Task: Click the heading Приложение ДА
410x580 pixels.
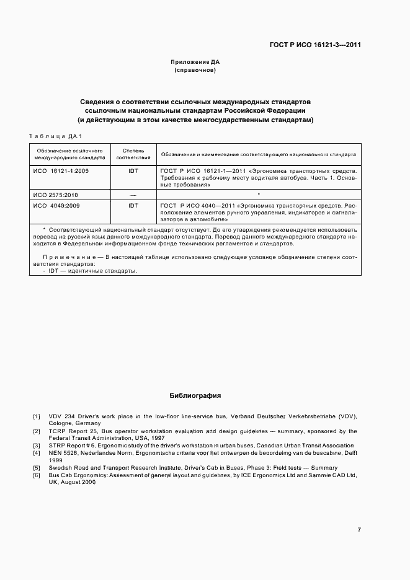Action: click(195, 62)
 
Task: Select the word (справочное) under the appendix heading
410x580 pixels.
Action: click(195, 70)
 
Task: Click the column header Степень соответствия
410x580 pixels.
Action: click(133, 154)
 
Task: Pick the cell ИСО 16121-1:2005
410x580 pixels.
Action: click(61, 170)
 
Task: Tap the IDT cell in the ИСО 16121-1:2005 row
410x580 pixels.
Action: click(133, 170)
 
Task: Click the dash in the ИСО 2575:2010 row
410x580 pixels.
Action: click(133, 195)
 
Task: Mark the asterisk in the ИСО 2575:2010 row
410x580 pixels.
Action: click(257, 195)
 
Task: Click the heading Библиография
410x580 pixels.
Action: click(195, 395)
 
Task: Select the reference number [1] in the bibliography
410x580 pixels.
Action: click(37, 416)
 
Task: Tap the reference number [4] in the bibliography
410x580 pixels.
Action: click(37, 453)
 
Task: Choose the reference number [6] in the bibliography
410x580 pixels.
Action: click(37, 475)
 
